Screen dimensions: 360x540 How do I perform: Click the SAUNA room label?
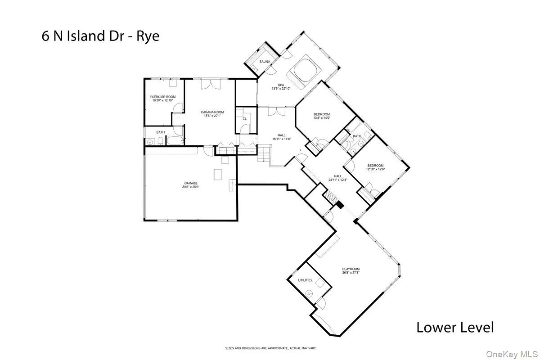[x=265, y=61]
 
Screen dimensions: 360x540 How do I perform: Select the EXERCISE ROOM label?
[x=162, y=97]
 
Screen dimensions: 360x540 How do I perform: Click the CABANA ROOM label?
[x=212, y=112]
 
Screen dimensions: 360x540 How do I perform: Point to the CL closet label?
[x=244, y=118]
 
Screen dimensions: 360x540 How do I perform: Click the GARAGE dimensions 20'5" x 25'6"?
[x=191, y=187]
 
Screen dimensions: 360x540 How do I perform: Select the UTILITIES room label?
[x=305, y=280]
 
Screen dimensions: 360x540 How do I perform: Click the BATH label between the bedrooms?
[x=357, y=136]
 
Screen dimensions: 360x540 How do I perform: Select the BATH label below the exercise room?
[x=161, y=132]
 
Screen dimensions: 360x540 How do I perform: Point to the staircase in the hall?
[x=264, y=155]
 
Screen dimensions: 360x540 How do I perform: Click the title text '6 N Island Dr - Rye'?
[x=100, y=36]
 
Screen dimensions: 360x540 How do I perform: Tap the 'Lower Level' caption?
[x=455, y=327]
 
